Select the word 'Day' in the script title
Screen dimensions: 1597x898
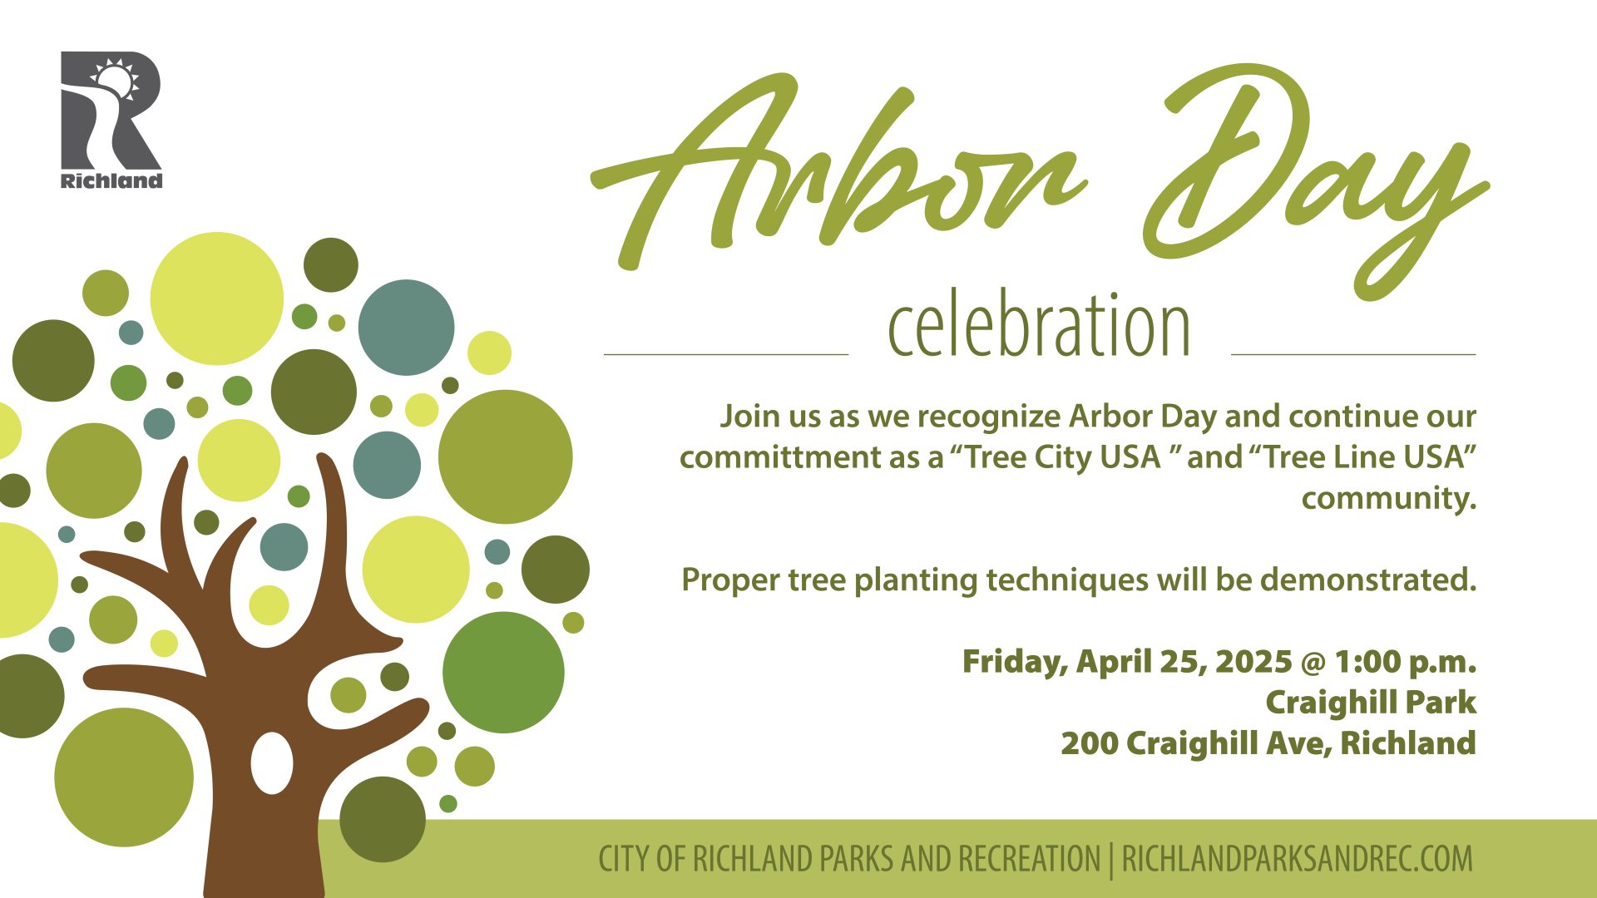tap(1314, 179)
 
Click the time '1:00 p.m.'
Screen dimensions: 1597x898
tap(1406, 662)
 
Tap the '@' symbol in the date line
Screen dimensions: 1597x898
tap(1313, 663)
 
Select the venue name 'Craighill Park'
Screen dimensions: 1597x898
tap(1371, 703)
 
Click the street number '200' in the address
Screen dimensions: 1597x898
tap(1090, 743)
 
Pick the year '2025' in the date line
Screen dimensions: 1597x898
tap(1253, 662)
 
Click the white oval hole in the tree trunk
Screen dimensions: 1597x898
tap(272, 763)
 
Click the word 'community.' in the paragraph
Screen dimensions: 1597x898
tap(1389, 499)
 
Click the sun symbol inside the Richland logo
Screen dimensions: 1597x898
tap(114, 80)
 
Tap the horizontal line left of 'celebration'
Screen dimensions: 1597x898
tap(726, 355)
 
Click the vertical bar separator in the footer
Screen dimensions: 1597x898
tap(1112, 861)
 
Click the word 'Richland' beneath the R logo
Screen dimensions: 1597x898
tap(111, 181)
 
